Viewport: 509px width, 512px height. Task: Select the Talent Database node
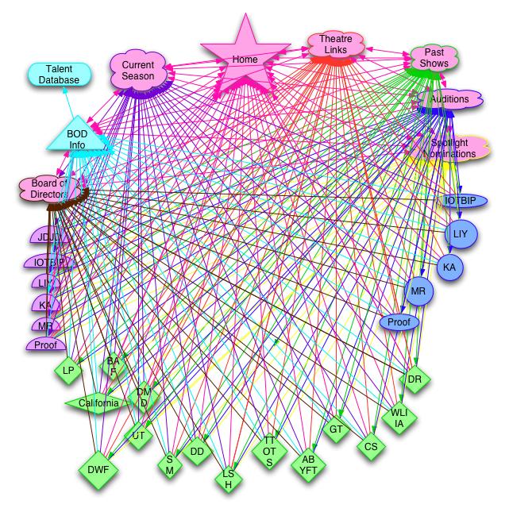[x=59, y=75]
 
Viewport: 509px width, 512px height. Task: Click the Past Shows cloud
[x=434, y=58]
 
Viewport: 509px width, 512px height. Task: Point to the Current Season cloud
[x=138, y=71]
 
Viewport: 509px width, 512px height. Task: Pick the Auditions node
[x=449, y=100]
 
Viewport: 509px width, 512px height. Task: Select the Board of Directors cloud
[x=49, y=187]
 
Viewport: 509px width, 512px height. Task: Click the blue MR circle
[x=419, y=291]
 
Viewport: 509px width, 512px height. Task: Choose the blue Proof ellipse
[x=399, y=321]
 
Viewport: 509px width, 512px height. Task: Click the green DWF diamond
[x=98, y=470]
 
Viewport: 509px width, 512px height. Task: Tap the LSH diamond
[x=228, y=479]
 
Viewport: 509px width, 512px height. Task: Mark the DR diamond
[x=415, y=379]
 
